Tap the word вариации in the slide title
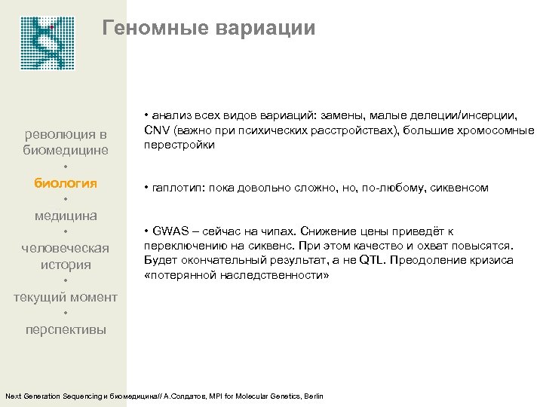coord(265,29)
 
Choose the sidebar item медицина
coord(66,216)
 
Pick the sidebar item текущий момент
coord(66,297)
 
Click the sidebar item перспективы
coord(66,329)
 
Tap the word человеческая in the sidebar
coord(66,248)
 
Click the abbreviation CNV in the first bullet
coord(155,131)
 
